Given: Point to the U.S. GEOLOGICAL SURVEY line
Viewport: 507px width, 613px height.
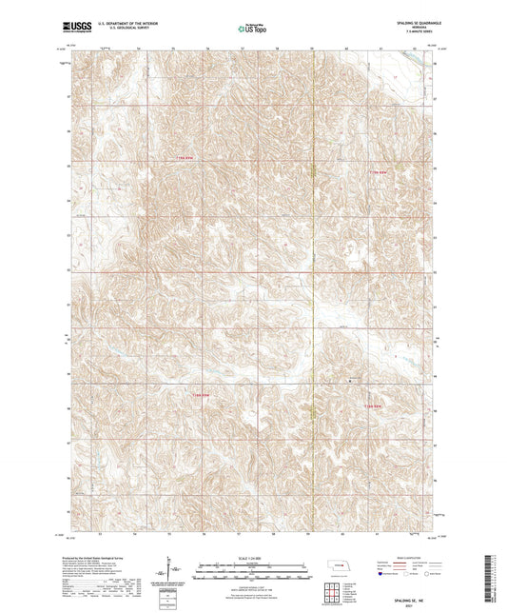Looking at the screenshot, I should pyautogui.click(x=119, y=29).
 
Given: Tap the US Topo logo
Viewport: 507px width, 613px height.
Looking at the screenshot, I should pyautogui.click(x=252, y=29).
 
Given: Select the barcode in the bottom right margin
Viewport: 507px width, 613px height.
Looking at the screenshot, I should pyautogui.click(x=496, y=582).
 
